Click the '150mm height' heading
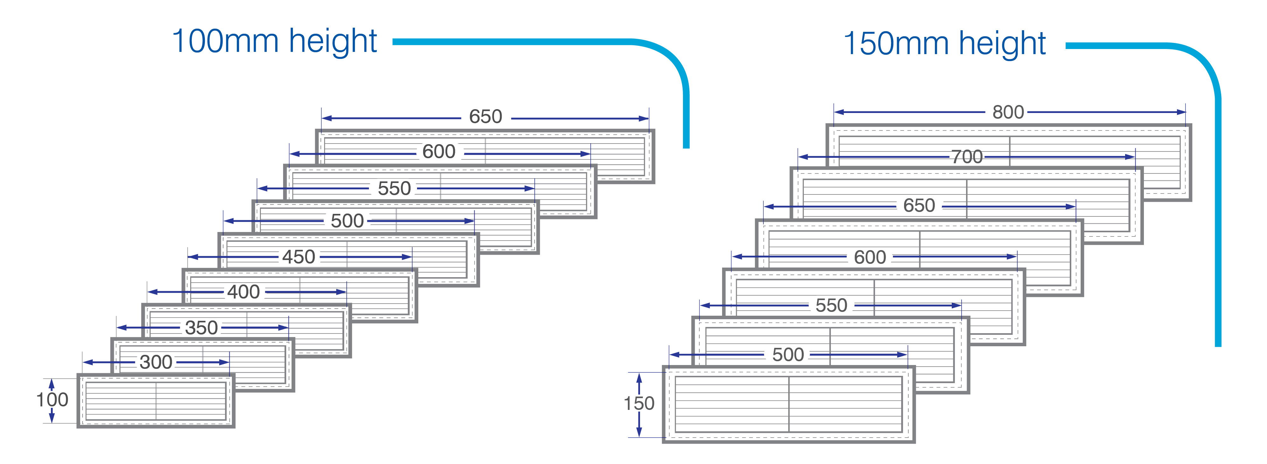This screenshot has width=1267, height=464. pyautogui.click(x=944, y=43)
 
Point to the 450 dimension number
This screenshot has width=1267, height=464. pyautogui.click(x=299, y=257)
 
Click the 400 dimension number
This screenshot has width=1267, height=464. pyautogui.click(x=243, y=292)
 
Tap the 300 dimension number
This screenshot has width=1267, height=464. pyautogui.click(x=156, y=362)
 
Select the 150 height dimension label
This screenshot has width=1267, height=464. pyautogui.click(x=639, y=404)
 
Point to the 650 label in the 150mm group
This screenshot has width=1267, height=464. pyautogui.click(x=919, y=206)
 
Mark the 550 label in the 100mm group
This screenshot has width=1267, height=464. pyautogui.click(x=394, y=188)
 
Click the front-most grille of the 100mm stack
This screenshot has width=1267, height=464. pyautogui.click(x=156, y=401)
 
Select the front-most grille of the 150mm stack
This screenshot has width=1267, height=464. pyautogui.click(x=789, y=404)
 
